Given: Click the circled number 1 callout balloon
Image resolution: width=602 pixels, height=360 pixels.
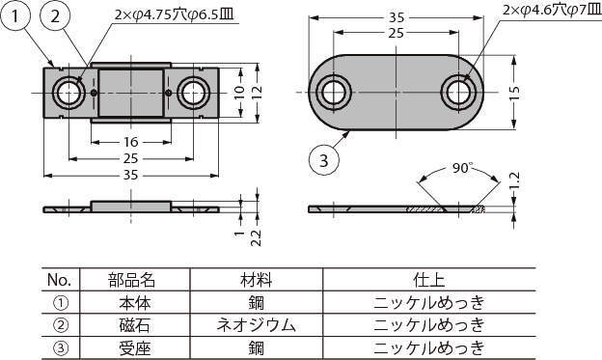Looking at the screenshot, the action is [15, 16].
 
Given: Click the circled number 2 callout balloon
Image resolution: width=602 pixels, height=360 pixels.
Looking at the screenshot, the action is [55, 16].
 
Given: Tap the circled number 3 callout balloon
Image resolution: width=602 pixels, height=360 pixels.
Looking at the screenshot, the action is [324, 160].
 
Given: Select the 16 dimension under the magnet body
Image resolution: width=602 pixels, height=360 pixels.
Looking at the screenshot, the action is [130, 142].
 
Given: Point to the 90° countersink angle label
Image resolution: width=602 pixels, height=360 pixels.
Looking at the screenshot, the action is [461, 168].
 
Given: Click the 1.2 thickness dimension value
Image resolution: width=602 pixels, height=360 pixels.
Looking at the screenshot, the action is [514, 181].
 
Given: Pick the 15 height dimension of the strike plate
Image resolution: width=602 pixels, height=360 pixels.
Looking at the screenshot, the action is [514, 93].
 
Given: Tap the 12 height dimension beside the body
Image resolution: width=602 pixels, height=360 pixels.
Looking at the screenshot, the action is [257, 92].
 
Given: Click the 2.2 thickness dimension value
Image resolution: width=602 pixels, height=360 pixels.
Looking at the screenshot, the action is [256, 237].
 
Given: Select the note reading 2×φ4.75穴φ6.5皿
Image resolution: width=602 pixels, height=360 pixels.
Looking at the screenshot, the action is [174, 14].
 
